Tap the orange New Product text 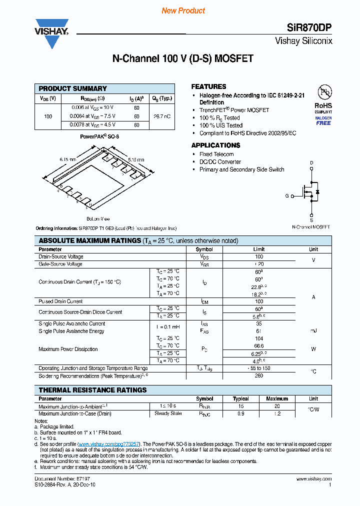183,10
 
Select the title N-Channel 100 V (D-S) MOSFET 182,58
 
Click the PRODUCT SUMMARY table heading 73,88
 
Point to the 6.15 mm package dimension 67,159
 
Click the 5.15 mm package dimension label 136,159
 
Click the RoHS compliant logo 323,99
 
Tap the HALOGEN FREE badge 323,120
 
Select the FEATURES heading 208,86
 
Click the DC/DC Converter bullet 220,162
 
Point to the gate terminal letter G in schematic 287,196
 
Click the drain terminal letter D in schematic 311,163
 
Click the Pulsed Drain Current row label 60,301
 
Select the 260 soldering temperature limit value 259,375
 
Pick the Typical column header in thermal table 240,398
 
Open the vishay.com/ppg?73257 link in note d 109,443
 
